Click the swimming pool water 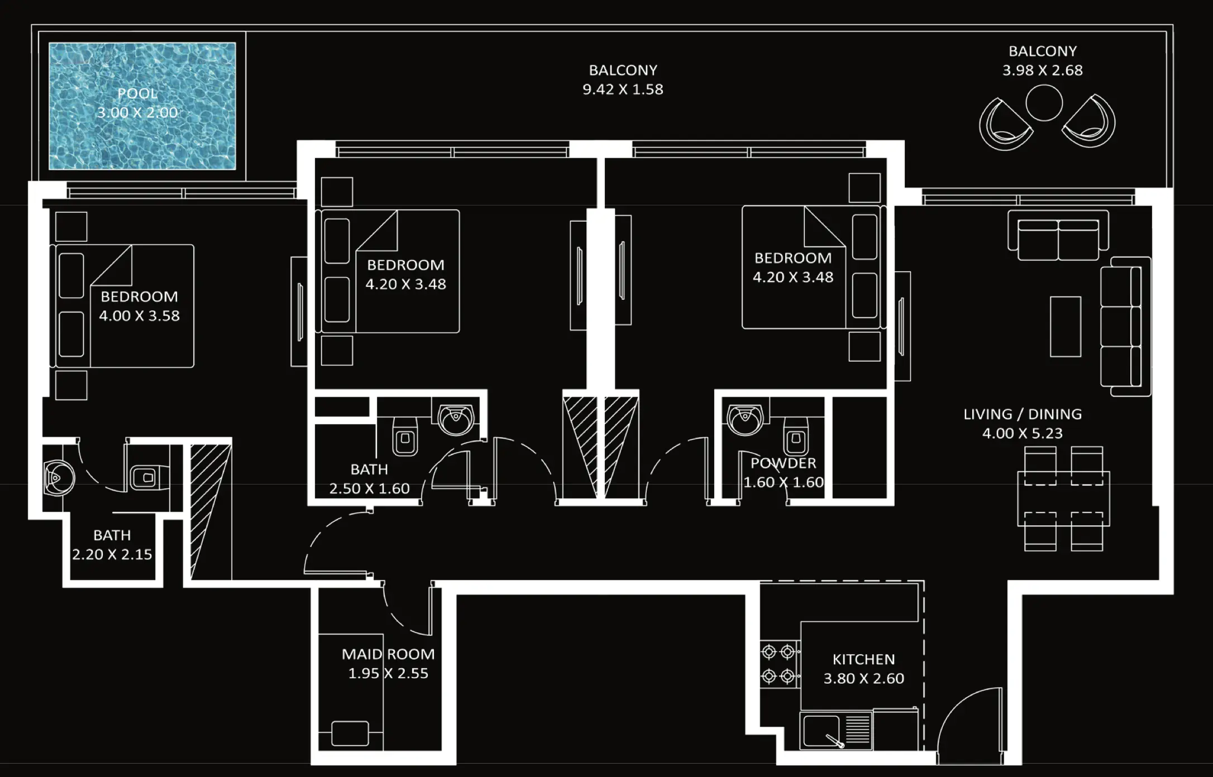point(142,140)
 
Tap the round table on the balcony point(1043,103)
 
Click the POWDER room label point(783,463)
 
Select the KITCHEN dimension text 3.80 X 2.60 point(863,679)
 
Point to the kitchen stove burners point(779,664)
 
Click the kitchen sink point(821,731)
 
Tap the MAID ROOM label point(388,654)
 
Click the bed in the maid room point(350,732)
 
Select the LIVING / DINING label point(1022,414)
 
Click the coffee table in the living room point(1065,327)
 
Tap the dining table point(1063,498)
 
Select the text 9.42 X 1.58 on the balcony point(623,89)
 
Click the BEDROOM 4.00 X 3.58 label point(139,297)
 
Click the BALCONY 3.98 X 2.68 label point(1042,51)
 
